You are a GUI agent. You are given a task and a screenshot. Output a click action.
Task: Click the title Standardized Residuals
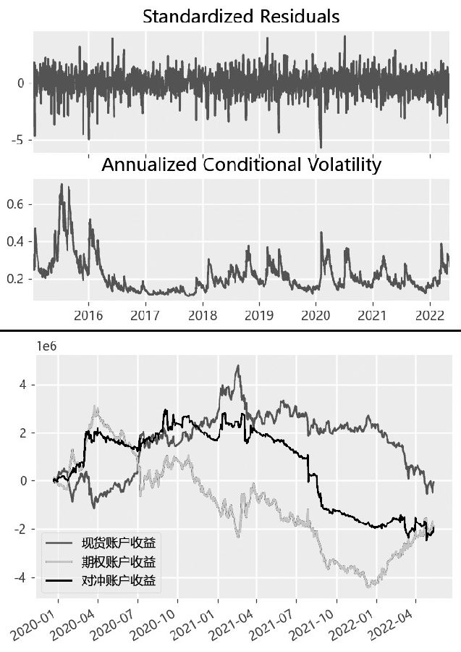point(241,16)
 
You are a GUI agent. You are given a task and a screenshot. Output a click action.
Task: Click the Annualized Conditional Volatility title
point(241,164)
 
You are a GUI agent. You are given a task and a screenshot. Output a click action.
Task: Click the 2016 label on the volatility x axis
point(88,315)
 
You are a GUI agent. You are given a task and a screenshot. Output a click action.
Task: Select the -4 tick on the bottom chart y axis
point(21,577)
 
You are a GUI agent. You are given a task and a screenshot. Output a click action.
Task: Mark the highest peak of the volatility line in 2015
point(62,185)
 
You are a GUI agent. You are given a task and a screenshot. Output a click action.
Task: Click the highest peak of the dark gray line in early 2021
point(238,366)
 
